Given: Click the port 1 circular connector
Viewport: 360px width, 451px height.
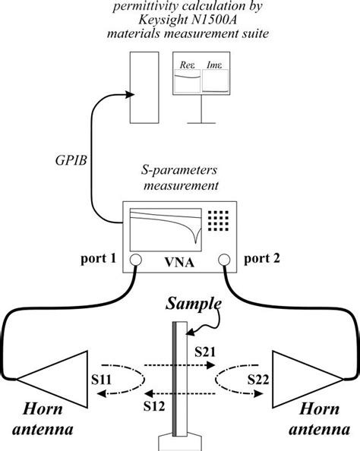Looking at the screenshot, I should click(133, 261).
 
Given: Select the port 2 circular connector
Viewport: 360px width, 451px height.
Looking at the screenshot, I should click(224, 261).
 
